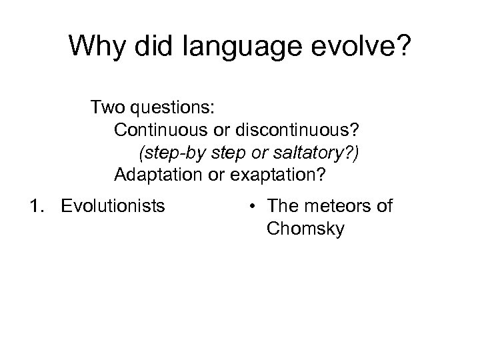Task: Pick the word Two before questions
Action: click(x=106, y=107)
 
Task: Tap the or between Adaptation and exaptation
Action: click(x=217, y=175)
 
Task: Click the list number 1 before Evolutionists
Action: click(x=35, y=206)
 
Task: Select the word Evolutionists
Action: click(x=113, y=206)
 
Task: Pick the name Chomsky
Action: click(x=305, y=229)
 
